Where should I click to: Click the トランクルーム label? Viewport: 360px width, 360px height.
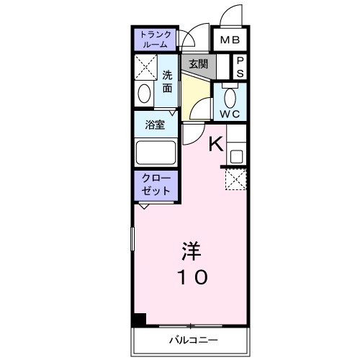[155, 39]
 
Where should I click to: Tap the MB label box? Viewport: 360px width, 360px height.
[230, 40]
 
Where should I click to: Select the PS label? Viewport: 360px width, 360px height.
[240, 68]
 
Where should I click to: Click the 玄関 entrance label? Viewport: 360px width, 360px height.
[198, 63]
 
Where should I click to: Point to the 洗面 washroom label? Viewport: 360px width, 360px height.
[167, 81]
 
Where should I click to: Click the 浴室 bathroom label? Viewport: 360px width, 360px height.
[155, 125]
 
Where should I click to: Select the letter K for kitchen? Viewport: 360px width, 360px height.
[215, 143]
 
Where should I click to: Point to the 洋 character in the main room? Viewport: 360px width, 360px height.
[190, 251]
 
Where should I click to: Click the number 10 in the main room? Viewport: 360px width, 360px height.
[190, 276]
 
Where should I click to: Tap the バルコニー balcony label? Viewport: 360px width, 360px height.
[193, 339]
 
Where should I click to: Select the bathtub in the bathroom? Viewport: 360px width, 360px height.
[155, 153]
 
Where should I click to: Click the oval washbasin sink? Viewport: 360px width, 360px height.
[144, 95]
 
